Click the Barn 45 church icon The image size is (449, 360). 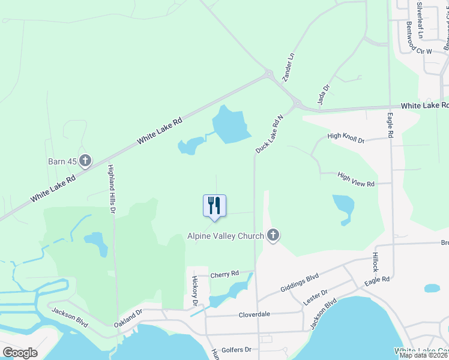[86, 161]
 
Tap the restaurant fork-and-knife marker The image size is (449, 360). [214, 206]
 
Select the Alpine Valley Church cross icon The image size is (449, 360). [273, 235]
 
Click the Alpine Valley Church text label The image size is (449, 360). [226, 236]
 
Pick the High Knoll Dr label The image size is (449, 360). [346, 138]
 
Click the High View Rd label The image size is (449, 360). [356, 179]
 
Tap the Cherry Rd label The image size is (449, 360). [225, 274]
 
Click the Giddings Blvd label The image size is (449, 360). [300, 284]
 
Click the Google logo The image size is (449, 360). [20, 352]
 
